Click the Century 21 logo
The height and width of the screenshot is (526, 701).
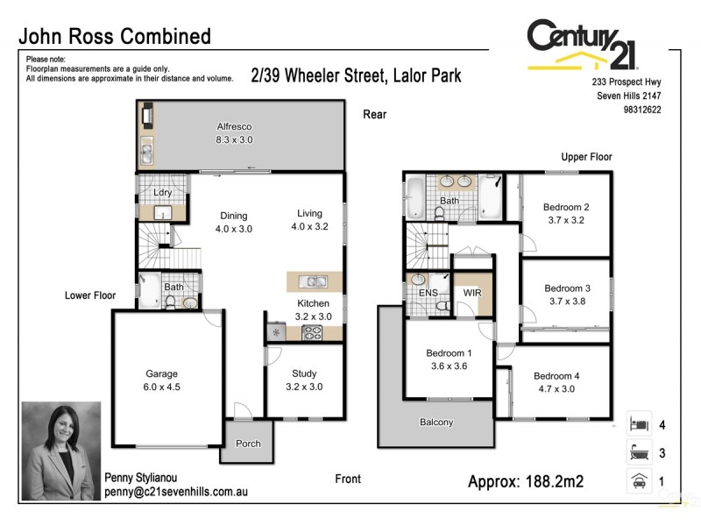(582, 44)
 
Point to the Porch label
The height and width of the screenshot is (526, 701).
(248, 444)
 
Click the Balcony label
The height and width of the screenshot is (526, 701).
(436, 423)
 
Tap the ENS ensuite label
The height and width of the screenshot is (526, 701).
(428, 292)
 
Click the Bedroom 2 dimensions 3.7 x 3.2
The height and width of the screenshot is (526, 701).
(565, 220)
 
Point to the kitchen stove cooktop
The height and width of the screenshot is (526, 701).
(312, 332)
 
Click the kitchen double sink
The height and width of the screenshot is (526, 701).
(313, 281)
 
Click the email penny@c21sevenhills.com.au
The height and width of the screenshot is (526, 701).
(175, 493)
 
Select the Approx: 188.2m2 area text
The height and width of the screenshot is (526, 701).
(526, 481)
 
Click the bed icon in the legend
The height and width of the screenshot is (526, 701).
(639, 424)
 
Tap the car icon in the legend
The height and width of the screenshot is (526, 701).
(639, 480)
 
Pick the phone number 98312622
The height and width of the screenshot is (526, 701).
(641, 110)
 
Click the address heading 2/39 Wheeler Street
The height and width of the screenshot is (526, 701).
(356, 76)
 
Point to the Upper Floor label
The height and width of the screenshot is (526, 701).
(586, 157)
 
